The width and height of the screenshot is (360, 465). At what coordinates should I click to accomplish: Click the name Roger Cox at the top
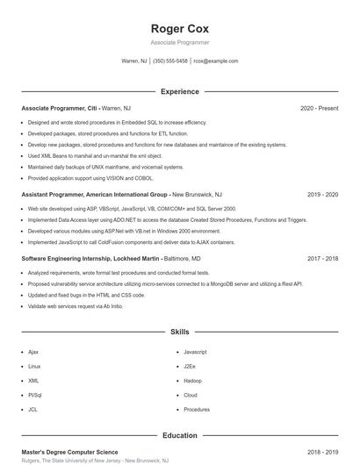pos(179,29)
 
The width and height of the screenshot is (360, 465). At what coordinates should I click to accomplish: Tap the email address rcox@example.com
pos(215,61)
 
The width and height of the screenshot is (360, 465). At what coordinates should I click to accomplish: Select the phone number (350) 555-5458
pos(170,61)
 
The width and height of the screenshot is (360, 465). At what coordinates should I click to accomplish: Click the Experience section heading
pos(179,91)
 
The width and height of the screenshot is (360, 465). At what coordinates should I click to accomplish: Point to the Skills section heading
pos(179,333)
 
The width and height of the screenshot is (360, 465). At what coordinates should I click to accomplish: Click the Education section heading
pos(179,435)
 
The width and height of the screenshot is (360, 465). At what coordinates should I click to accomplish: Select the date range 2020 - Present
pos(319,108)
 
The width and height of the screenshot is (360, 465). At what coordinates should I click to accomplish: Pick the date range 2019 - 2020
pos(322,194)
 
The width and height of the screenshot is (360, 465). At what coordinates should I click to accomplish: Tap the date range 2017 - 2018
pos(322,259)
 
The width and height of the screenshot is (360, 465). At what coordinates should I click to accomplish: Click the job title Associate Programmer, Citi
pos(60,108)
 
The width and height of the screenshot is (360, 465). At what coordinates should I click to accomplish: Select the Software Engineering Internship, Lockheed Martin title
pos(90,259)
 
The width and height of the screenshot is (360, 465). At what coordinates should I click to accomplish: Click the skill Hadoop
pos(192,381)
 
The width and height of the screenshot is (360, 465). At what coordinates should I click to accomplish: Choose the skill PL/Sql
pos(35,395)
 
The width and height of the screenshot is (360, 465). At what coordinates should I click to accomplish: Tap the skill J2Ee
pos(190,366)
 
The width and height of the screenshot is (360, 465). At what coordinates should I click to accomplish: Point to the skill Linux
pos(34,366)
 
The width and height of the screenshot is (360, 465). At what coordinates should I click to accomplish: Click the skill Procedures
pos(197,410)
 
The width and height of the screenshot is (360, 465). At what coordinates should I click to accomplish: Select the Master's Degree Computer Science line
pos(69,452)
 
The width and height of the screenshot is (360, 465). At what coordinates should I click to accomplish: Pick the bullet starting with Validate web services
pos(75,306)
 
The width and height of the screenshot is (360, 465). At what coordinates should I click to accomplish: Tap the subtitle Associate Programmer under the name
pos(179,42)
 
